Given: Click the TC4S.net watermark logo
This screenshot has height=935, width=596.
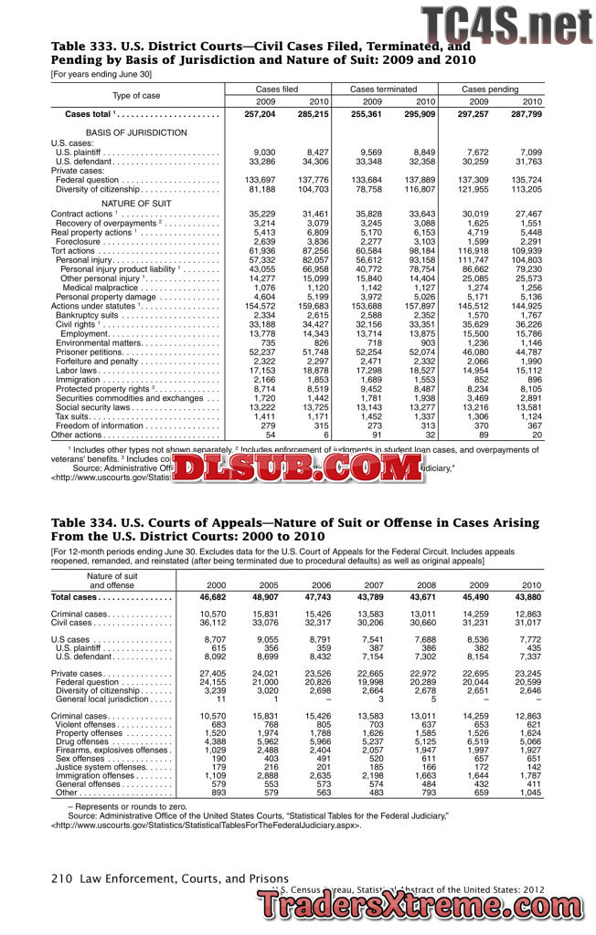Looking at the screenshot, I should click(x=506, y=25).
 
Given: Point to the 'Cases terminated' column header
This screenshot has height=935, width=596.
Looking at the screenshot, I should click(x=383, y=89).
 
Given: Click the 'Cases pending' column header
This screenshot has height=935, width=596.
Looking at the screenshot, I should click(x=490, y=89).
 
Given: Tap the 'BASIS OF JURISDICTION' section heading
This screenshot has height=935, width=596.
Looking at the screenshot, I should click(x=136, y=133).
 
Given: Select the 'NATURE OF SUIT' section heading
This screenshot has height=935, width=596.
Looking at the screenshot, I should click(x=136, y=203).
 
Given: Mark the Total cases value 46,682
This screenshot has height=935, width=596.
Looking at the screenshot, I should click(x=212, y=597).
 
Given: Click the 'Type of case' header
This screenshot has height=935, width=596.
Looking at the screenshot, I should click(x=136, y=96).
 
